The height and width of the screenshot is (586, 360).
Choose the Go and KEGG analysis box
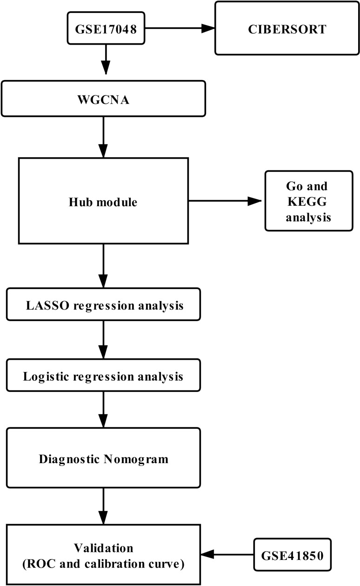pos(308,201)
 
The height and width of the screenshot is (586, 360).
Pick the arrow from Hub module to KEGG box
pos(225,201)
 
